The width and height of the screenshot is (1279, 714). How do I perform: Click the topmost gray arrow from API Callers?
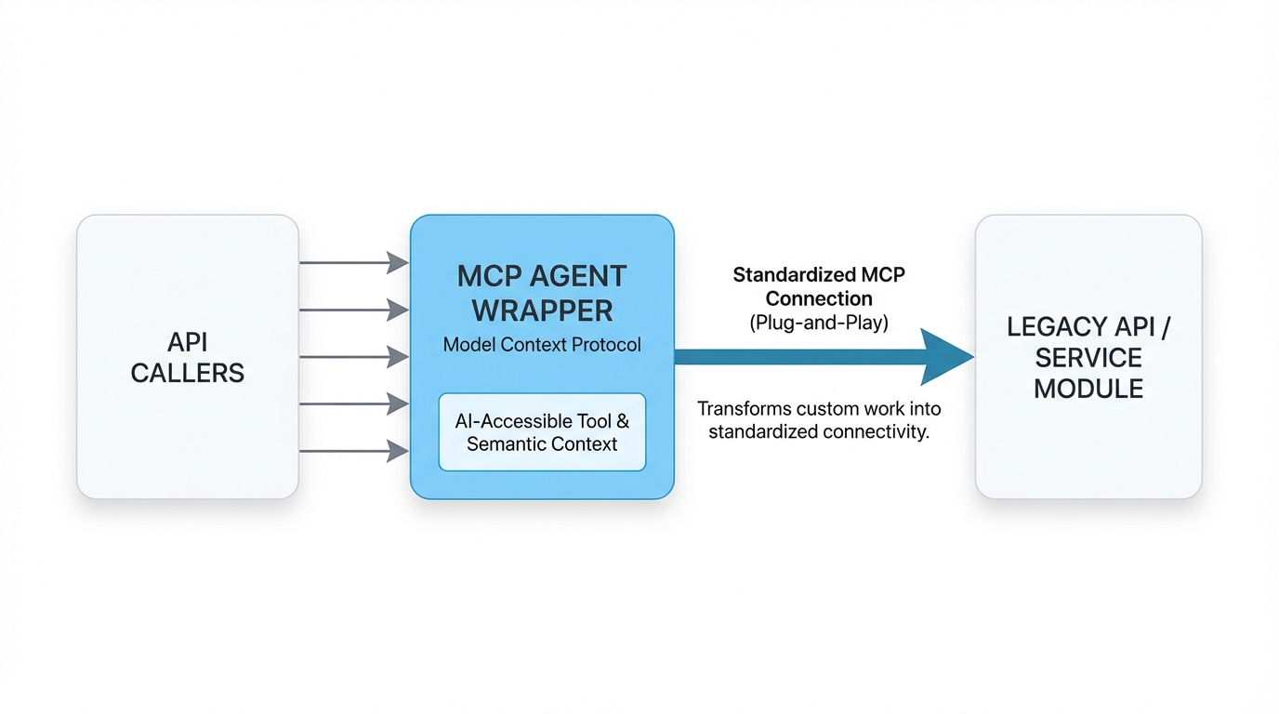(353, 263)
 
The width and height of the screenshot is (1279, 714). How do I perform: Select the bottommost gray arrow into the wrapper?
(353, 451)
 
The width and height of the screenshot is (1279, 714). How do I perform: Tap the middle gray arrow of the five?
(353, 357)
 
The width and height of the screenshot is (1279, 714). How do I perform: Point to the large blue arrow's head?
(946, 357)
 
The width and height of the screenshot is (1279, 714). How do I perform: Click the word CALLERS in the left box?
(188, 374)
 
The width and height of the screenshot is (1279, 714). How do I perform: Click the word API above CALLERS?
(188, 342)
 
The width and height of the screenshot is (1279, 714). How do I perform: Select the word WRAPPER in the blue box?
(542, 310)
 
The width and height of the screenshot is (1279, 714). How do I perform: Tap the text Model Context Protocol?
(542, 345)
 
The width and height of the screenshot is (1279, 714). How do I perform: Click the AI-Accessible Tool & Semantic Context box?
(542, 431)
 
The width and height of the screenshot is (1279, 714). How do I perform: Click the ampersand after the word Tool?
(623, 421)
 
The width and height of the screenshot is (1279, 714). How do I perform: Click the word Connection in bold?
(819, 299)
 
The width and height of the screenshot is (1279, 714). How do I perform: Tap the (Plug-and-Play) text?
(819, 323)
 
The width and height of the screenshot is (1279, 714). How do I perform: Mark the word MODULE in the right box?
(1088, 389)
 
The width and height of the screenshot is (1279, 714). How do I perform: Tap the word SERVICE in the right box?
(1088, 358)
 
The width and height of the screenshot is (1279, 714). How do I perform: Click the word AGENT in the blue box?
(583, 277)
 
